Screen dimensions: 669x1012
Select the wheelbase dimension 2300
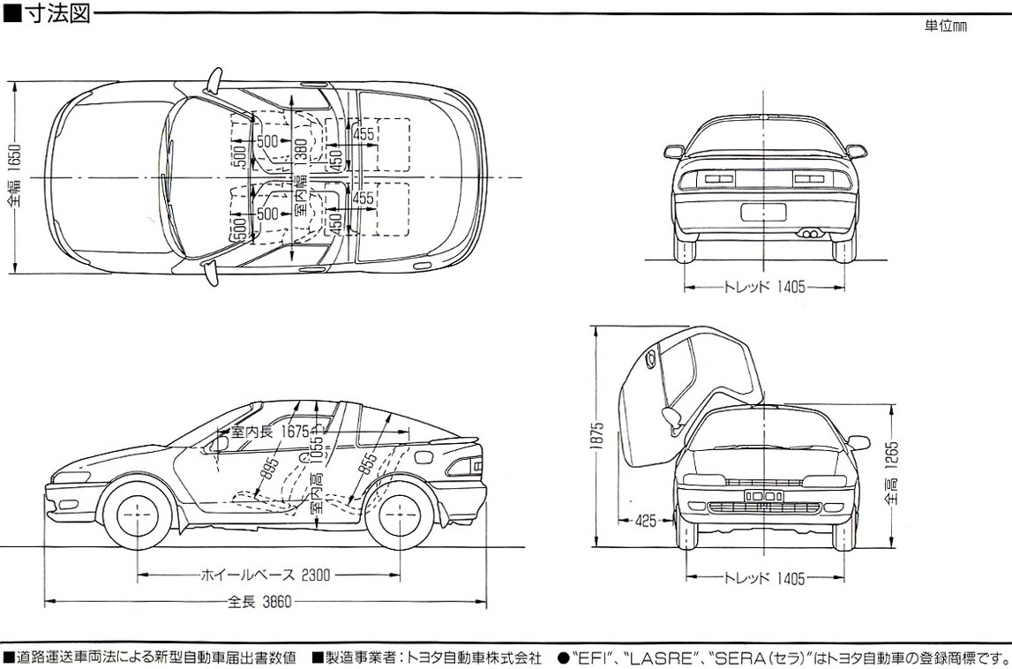[314, 575]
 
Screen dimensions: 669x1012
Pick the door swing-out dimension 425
[646, 522]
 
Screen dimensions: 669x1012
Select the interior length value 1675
[296, 433]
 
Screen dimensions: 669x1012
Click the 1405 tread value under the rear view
[791, 287]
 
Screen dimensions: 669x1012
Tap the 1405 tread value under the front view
[791, 579]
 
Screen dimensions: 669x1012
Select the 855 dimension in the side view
[369, 464]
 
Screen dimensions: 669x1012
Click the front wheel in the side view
[138, 513]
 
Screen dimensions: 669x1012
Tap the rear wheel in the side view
[399, 513]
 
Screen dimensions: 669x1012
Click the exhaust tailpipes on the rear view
[806, 233]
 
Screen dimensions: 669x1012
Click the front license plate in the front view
[763, 497]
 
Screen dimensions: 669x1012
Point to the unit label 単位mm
[946, 26]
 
